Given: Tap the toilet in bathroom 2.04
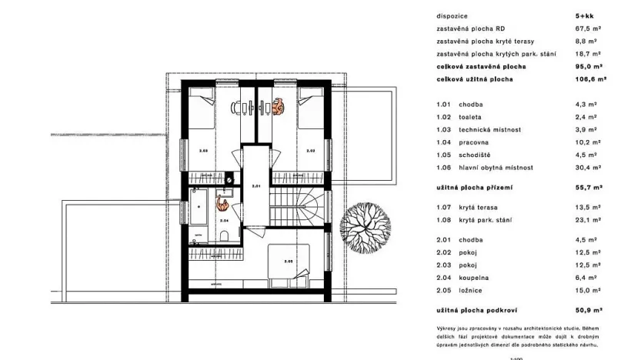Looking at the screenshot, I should (x=222, y=235).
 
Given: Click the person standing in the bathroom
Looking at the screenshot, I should (x=222, y=204).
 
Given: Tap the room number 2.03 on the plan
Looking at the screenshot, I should (x=203, y=152).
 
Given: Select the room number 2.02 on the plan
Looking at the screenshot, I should (x=311, y=152).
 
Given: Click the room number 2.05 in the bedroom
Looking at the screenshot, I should (x=288, y=261).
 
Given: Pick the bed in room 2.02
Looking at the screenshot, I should (x=309, y=107).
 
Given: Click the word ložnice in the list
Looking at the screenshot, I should (x=472, y=290).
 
